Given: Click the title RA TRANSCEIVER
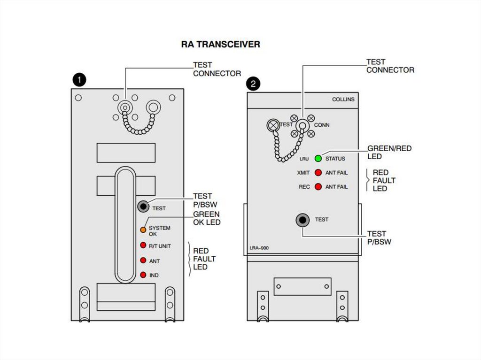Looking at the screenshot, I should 220,45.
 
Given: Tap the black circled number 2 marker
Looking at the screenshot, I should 253,84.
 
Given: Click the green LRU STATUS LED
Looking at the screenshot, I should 318,159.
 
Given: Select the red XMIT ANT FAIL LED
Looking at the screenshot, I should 318,173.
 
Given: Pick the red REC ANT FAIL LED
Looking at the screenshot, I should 318,187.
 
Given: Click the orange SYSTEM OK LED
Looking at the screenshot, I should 143,230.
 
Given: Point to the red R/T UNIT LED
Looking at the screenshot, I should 143,245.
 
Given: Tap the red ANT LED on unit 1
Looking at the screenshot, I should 143,260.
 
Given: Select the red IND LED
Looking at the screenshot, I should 143,275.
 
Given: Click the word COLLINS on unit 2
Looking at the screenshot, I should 343,100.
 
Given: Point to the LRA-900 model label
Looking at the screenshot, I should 259,248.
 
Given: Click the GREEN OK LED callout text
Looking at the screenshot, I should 207,218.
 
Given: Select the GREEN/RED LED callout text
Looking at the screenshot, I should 389,153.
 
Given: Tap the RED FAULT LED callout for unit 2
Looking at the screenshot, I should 384,180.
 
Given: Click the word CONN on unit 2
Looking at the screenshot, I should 322,125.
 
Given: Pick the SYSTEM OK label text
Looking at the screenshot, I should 159,230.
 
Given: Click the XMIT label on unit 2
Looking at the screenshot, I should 303,173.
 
